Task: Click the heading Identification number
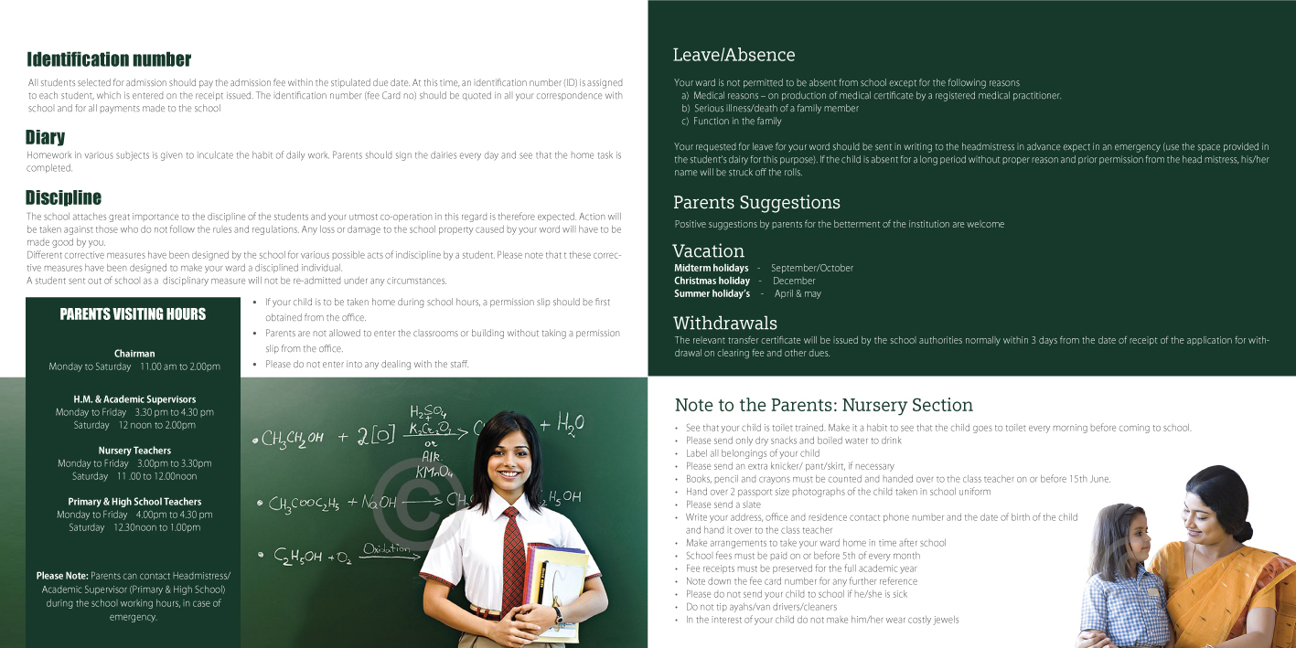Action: [x=109, y=60]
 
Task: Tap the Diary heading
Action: [x=45, y=137]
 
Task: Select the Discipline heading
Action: [x=63, y=197]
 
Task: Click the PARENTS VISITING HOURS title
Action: [x=133, y=314]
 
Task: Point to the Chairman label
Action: [x=134, y=354]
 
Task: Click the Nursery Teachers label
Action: [x=134, y=451]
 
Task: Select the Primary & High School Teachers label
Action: [x=134, y=502]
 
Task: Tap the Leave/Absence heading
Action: [x=734, y=55]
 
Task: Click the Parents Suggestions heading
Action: [x=756, y=203]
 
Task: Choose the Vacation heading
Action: [x=708, y=250]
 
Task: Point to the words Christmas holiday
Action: [x=712, y=281]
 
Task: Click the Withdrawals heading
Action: [x=724, y=324]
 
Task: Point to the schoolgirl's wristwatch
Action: [x=557, y=614]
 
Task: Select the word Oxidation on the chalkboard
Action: [x=386, y=548]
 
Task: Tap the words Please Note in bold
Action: [x=62, y=576]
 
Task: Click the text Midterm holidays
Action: [x=711, y=268]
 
